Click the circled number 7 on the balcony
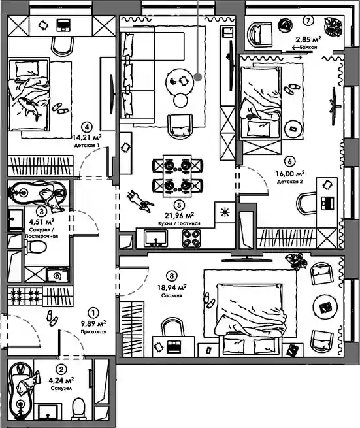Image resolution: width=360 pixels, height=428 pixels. (x=308, y=20)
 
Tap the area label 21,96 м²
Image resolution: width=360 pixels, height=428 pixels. (x=179, y=216)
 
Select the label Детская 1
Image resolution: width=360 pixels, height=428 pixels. (x=86, y=146)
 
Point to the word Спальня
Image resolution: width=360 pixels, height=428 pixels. (x=171, y=295)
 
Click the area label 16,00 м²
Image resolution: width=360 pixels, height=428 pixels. (x=290, y=174)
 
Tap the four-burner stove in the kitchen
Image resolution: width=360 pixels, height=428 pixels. (x=191, y=239)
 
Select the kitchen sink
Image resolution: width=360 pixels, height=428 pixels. (x=156, y=239)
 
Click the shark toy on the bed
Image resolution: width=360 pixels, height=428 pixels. (x=29, y=108)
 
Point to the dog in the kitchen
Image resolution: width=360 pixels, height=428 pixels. (x=139, y=202)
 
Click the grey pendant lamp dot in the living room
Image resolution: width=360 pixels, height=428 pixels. (x=198, y=77)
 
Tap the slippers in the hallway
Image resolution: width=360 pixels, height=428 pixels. (x=52, y=318)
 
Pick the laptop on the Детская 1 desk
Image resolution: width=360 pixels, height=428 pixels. (x=63, y=25)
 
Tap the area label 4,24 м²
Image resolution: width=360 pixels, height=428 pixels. (x=61, y=380)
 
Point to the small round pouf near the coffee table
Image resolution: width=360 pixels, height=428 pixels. (x=181, y=101)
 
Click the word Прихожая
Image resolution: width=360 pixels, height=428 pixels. (x=93, y=332)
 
